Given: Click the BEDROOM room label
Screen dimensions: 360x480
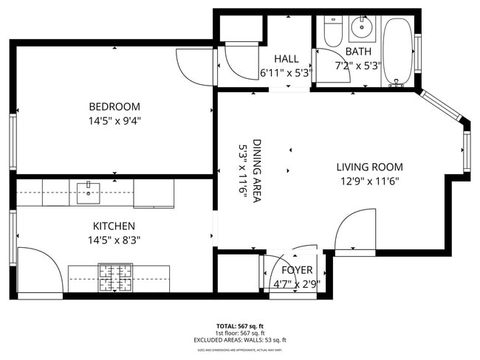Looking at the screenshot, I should [x=114, y=107].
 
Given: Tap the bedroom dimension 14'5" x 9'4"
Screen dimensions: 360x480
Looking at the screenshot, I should [x=114, y=120].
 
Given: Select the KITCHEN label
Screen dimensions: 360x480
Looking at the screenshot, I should [x=114, y=226].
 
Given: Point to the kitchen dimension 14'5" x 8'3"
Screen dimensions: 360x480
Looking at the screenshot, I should [x=114, y=239].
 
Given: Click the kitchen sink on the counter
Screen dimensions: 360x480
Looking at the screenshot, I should [x=88, y=193].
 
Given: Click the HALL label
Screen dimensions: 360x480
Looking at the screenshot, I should [x=286, y=59].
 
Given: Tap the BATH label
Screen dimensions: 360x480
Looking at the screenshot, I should [x=358, y=52].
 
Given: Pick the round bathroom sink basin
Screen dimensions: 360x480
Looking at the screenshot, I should [x=362, y=29].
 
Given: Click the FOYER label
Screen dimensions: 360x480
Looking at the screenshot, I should [x=298, y=270].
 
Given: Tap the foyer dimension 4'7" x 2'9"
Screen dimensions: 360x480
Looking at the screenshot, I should [x=298, y=283].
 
